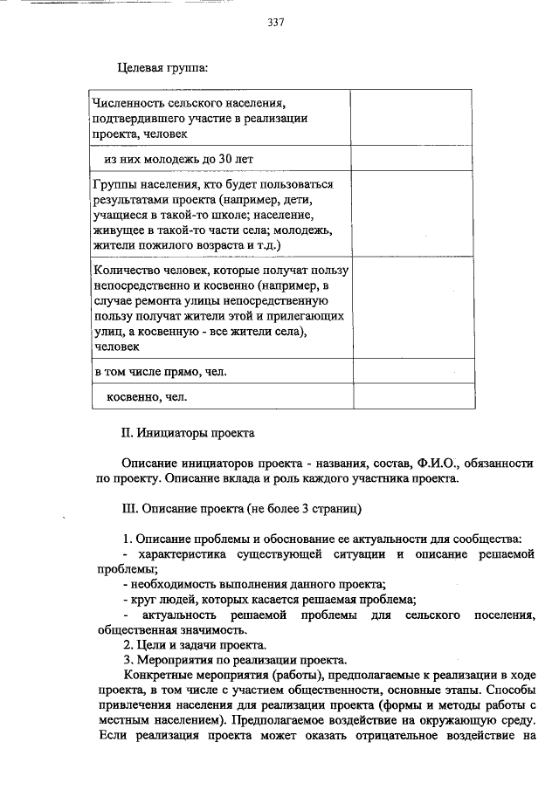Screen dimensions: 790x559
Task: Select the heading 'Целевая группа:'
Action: click(x=162, y=68)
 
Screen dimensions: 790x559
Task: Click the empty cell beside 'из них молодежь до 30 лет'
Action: click(x=414, y=160)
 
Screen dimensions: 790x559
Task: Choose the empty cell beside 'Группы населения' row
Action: click(x=414, y=215)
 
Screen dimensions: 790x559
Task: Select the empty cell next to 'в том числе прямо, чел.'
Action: click(x=414, y=372)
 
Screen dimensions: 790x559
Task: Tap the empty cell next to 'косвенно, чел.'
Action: click(x=414, y=396)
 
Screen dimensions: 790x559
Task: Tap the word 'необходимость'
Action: click(x=171, y=584)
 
